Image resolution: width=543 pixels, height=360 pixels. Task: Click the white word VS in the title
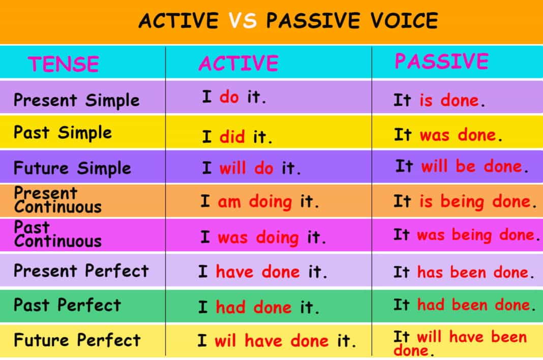coord(243,20)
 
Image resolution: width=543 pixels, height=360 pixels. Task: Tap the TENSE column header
coord(64,64)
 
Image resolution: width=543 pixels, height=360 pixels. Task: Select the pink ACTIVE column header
coord(238,63)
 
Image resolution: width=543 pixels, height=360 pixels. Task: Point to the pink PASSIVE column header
coord(441,62)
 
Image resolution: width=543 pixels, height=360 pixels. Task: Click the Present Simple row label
coord(77,101)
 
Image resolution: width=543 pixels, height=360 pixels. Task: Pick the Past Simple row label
coord(63,133)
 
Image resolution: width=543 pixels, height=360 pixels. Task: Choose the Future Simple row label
coord(72,168)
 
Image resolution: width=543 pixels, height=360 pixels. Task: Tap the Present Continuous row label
coord(58,200)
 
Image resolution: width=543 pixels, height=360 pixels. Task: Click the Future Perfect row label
coord(77,340)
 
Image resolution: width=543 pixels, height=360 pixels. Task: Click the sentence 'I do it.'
coord(234,97)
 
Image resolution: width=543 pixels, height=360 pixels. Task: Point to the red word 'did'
coord(232,136)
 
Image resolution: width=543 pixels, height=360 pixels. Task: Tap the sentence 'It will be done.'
coord(462,166)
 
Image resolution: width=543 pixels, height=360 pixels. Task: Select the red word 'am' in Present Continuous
coord(229,201)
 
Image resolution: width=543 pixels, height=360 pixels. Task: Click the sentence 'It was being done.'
coord(466,235)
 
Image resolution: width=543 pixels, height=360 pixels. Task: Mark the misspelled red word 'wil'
coord(225,341)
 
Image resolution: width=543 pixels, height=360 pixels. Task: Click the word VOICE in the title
coord(404,20)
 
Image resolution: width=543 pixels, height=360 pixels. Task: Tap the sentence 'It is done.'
coord(439,101)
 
